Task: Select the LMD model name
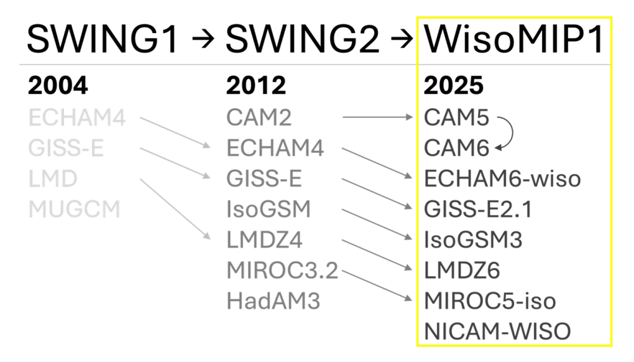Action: [x=53, y=179]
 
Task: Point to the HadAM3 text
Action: [x=273, y=301]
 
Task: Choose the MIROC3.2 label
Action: [x=282, y=271]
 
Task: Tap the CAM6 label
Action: [x=456, y=148]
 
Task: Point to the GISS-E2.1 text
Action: [x=477, y=209]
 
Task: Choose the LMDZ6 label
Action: [x=462, y=271]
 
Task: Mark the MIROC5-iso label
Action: [x=489, y=301]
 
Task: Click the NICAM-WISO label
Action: [x=498, y=331]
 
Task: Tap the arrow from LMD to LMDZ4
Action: [x=175, y=209]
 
